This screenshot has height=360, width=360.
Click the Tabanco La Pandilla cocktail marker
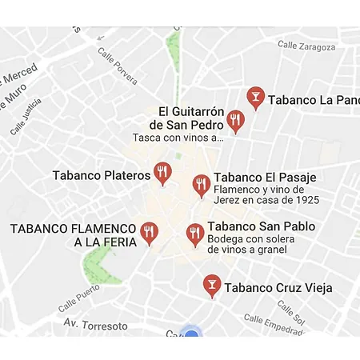(255, 97)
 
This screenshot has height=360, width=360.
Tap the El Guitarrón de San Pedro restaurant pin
(234, 120)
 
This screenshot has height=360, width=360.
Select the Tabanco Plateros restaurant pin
(163, 172)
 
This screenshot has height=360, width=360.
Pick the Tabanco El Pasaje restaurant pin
(201, 185)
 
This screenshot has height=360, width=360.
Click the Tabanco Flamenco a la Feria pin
(149, 232)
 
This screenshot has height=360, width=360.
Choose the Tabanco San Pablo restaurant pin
(194, 233)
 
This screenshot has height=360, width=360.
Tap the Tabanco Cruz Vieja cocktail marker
(212, 284)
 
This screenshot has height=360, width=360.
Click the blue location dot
(190, 333)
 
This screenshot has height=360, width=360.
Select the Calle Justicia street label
(26, 116)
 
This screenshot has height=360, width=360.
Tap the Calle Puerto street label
(79, 298)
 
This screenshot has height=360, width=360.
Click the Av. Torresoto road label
(96, 326)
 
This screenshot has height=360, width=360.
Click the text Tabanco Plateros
(102, 174)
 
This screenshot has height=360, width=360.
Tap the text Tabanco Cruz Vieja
(278, 287)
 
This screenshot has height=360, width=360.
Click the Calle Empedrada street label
(274, 324)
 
